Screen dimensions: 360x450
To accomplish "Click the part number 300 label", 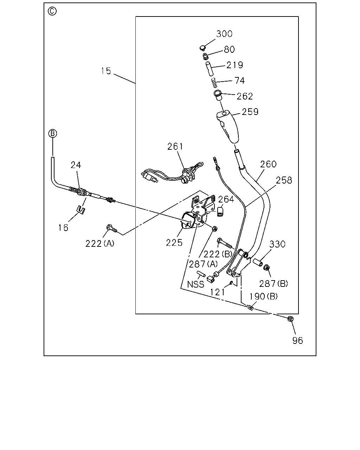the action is click(x=224, y=34).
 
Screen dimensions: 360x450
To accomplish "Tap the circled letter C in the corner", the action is click(x=52, y=11).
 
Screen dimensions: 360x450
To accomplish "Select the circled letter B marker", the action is click(x=52, y=133).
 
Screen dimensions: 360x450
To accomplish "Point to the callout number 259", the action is click(x=250, y=112).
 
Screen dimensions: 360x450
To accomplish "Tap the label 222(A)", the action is click(x=100, y=244).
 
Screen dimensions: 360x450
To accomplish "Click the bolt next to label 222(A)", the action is click(x=112, y=228).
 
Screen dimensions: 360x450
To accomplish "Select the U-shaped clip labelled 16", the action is click(x=81, y=210).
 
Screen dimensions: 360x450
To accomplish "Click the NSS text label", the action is click(x=195, y=284).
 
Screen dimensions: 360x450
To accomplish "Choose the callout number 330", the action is click(x=277, y=244).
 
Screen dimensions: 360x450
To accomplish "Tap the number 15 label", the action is click(x=106, y=71).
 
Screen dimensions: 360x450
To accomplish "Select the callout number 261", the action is click(x=175, y=147).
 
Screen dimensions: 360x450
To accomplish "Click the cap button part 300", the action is click(x=202, y=48).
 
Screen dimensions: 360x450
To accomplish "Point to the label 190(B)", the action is click(x=264, y=296).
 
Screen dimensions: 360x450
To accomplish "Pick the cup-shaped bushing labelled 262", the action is click(x=218, y=95).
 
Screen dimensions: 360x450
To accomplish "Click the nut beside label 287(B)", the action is click(x=266, y=267).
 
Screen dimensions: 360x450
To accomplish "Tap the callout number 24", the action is click(x=76, y=165).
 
